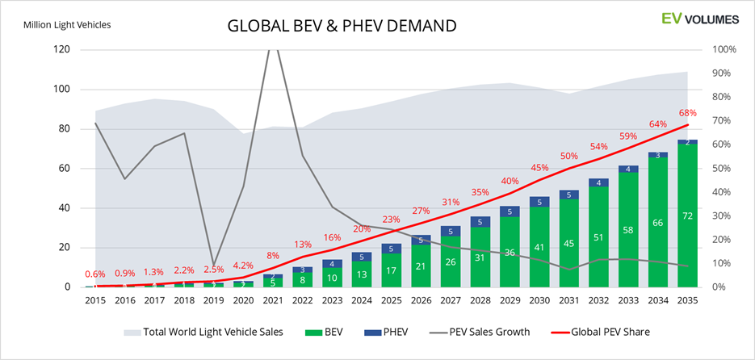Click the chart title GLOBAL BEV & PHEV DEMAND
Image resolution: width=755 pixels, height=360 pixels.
(x=342, y=26)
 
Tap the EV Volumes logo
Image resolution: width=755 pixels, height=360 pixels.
(x=694, y=19)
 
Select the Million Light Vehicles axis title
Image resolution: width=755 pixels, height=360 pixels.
(x=67, y=24)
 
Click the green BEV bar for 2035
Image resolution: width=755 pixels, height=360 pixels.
(x=686, y=218)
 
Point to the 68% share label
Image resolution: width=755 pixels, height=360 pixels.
(x=687, y=113)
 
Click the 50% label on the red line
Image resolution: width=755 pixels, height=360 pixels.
(x=568, y=156)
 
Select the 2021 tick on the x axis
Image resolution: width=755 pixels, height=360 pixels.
(x=273, y=299)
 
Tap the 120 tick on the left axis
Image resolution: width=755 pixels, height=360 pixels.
(x=61, y=49)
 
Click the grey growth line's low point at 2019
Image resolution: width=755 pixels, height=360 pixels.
(x=213, y=264)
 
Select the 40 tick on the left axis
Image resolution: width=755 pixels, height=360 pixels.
(x=64, y=208)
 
